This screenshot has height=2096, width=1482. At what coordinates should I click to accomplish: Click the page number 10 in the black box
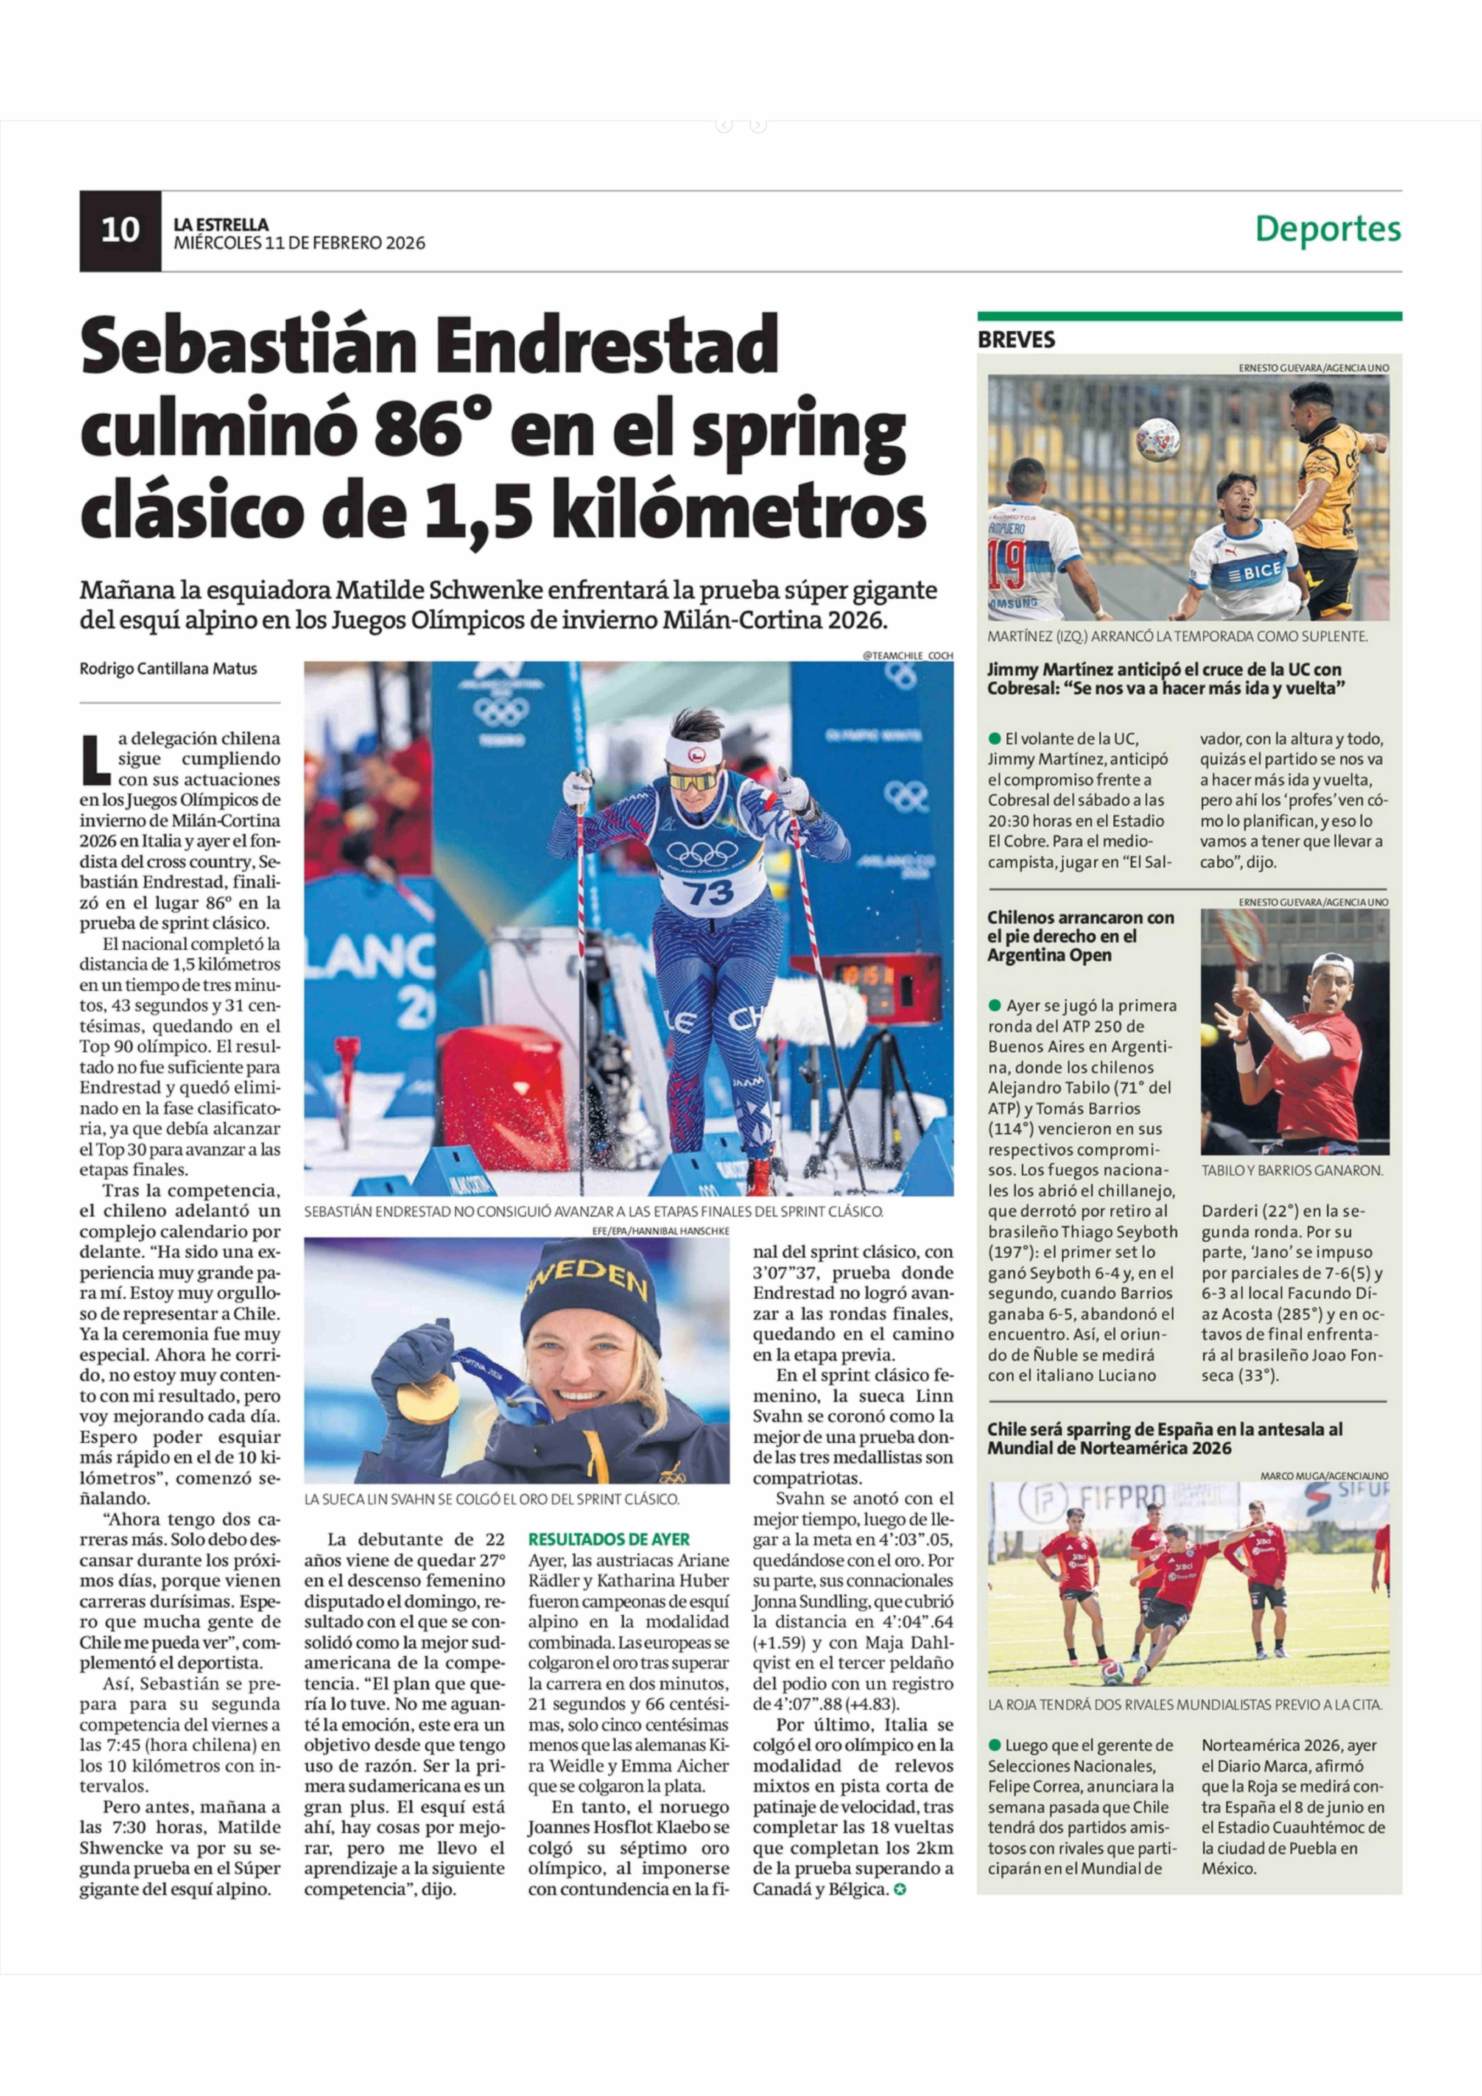(x=120, y=230)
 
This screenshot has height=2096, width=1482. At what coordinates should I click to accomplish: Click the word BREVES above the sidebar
(x=1016, y=340)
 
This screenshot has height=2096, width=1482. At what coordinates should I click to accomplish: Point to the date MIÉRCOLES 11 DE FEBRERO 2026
(x=299, y=243)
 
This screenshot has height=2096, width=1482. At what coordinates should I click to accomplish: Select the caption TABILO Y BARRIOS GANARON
(x=1291, y=1170)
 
